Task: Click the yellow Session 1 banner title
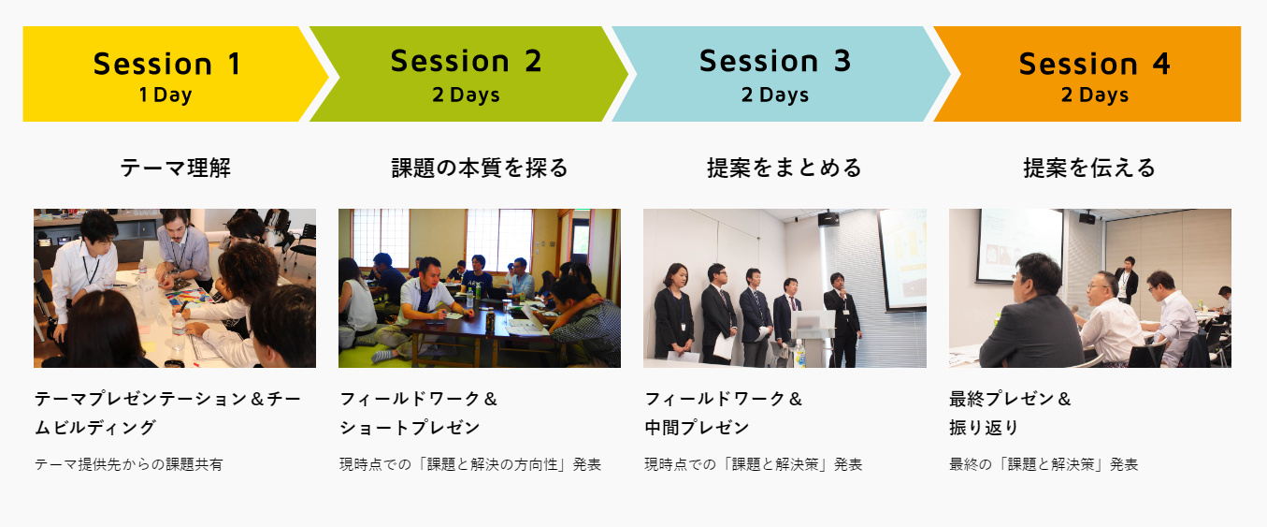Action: (168, 64)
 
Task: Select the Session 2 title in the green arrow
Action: (466, 61)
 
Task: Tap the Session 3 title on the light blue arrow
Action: (775, 61)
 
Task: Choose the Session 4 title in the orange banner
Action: (1095, 64)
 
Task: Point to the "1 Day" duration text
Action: (166, 95)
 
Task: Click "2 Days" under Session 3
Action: (775, 95)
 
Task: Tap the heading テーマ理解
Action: (176, 168)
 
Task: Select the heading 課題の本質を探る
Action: (480, 168)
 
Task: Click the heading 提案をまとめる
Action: (785, 168)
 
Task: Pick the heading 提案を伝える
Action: (1089, 168)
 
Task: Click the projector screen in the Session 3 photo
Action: (902, 259)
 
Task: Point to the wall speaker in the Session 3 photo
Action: (828, 219)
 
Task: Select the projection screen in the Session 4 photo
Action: (1020, 245)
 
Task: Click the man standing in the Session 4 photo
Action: (1127, 280)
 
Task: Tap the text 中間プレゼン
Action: (697, 428)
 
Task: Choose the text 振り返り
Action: (984, 428)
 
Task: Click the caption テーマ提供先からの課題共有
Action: (129, 464)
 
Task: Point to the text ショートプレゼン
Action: (410, 428)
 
